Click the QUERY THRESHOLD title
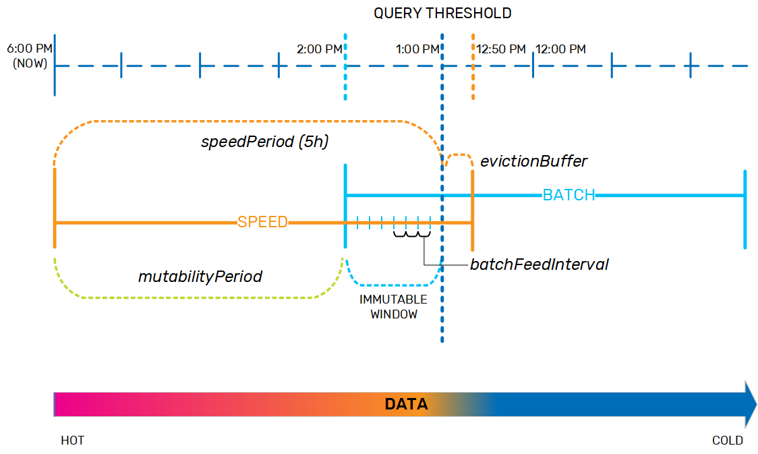tap(442, 13)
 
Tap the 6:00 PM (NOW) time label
tap(30, 56)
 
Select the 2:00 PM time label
tap(320, 49)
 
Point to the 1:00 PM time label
tap(417, 49)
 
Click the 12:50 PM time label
tap(501, 49)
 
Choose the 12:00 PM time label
tap(561, 49)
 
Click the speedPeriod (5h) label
tap(265, 142)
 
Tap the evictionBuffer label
tap(533, 161)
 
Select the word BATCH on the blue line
tap(569, 195)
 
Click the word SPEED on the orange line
tap(262, 222)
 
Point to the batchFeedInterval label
tap(539, 264)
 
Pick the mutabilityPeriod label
tap(200, 277)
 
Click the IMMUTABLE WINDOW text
tap(394, 306)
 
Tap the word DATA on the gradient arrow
tap(406, 404)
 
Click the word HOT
tap(73, 441)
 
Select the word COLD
tap(728, 441)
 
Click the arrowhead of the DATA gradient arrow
tap(751, 404)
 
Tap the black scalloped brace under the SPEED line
tap(412, 234)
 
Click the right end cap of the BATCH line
tap(745, 209)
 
